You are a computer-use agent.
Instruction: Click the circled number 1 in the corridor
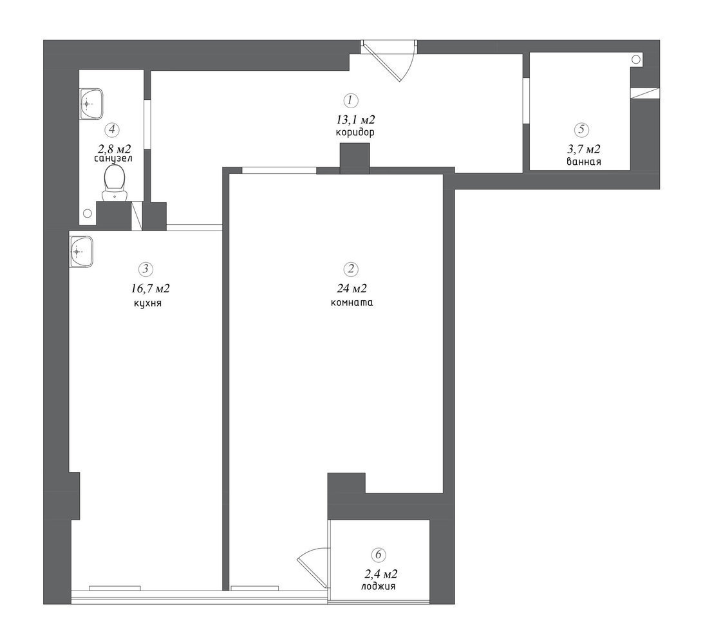coord(351,100)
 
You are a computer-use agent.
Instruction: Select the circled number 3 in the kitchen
coord(145,269)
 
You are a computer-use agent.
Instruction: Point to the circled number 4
coord(112,129)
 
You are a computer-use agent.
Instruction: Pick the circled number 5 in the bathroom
coord(582,129)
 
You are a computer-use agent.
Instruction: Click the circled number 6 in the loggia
coord(379,554)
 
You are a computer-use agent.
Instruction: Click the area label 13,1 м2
coord(355,119)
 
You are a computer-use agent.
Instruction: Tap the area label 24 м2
coord(352,288)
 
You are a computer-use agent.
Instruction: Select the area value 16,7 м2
coord(151,288)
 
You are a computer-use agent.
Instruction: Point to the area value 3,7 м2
coord(584,149)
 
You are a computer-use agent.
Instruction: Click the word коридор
coord(355,133)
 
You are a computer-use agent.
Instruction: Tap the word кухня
coord(147,303)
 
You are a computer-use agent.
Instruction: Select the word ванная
coord(584,162)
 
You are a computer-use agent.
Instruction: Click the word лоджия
coord(379,587)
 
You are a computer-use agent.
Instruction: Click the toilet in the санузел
coord(115,182)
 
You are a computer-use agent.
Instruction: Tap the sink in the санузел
coord(91,104)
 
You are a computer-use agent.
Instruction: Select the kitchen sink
coord(81,252)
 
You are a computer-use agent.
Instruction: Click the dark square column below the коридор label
coord(355,158)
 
